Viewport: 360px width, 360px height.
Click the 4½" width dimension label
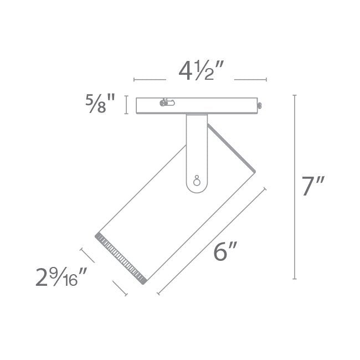tap(201, 71)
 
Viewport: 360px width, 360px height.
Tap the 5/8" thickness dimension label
tap(100, 104)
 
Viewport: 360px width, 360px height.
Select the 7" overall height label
tap(313, 186)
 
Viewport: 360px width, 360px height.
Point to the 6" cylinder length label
tap(225, 251)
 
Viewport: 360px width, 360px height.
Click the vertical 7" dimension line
tap(295, 187)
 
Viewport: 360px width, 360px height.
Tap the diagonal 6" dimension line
tap(212, 241)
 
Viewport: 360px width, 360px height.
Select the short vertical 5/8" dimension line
tap(126, 105)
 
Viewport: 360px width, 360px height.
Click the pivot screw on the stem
tap(197, 181)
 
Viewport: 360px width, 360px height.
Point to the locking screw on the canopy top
tap(167, 102)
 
